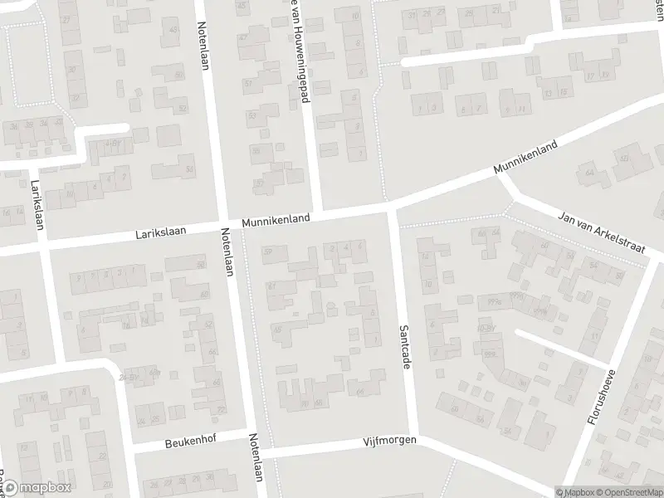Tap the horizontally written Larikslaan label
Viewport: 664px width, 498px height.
point(160,236)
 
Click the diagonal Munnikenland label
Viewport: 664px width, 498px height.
point(525,156)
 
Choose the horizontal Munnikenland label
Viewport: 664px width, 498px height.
point(276,221)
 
